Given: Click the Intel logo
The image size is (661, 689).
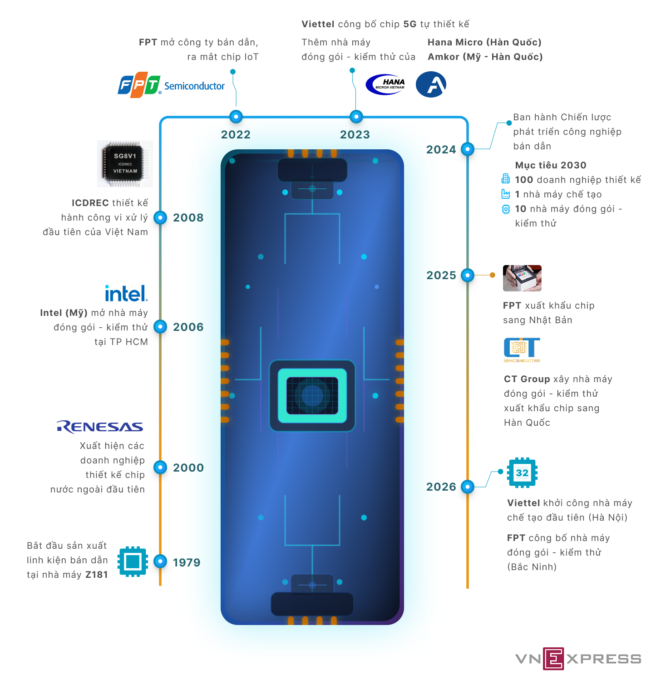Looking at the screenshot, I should click(126, 294).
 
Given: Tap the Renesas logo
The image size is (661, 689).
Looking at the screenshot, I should click(100, 427).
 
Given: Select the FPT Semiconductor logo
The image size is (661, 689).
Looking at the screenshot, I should click(171, 85).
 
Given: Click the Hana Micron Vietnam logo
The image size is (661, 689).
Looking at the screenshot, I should click(386, 84).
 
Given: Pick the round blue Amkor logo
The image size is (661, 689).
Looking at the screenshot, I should click(431, 84).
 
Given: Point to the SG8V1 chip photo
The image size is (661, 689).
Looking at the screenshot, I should click(125, 164).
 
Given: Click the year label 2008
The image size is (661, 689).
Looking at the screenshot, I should click(188, 218).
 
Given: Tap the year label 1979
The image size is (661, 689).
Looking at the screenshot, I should click(186, 563).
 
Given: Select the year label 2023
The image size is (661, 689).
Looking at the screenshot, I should click(355, 135).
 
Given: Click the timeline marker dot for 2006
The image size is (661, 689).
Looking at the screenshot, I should click(160, 326).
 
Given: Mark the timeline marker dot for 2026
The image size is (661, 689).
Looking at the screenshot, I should click(467, 487).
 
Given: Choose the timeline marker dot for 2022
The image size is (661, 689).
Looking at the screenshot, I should click(236, 117).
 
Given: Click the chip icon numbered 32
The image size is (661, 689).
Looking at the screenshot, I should click(522, 472).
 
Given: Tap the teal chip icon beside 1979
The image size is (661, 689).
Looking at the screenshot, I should click(133, 561).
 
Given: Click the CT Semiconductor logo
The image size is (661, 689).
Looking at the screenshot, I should click(522, 350).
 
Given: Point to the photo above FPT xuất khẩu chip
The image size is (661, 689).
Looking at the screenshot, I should click(522, 278).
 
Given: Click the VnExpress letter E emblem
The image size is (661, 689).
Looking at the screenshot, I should click(553, 659).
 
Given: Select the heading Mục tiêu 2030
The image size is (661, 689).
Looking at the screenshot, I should click(550, 165).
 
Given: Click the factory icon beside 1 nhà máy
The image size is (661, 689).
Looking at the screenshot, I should click(505, 194).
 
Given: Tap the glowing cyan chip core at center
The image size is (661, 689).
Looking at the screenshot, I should click(312, 395).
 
